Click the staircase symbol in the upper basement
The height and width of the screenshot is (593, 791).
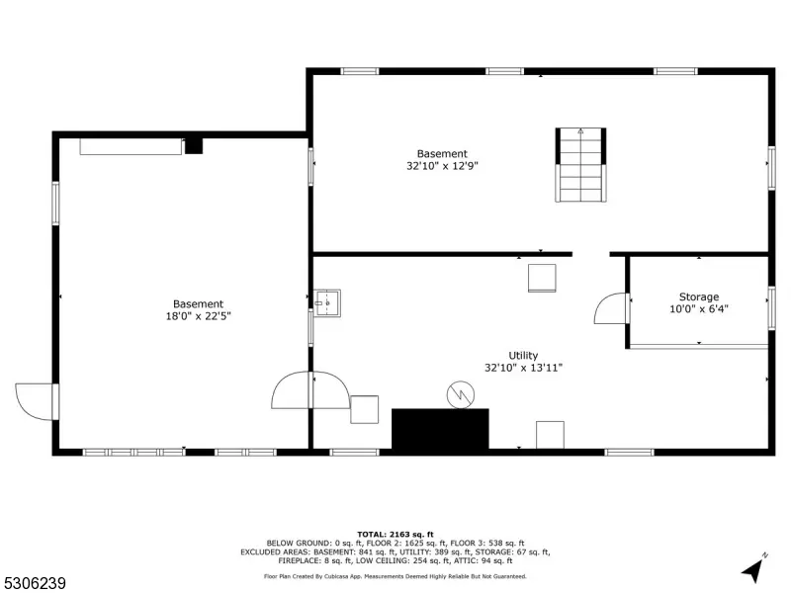pos(580,165)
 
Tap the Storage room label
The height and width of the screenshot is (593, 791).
pos(699,297)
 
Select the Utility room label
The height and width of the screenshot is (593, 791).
pos(523,356)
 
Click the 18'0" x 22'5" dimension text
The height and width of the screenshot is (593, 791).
pos(199,316)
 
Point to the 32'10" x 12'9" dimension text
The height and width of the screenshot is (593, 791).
pos(442,166)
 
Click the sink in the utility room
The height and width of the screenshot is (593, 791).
pos(327,303)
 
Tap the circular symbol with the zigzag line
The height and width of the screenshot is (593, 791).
pos(461,394)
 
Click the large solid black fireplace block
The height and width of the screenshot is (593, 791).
pos(440,429)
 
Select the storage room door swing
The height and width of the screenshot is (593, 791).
pos(611,308)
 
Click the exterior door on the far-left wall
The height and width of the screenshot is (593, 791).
pos(36,402)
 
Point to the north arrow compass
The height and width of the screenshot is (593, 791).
pos(753,568)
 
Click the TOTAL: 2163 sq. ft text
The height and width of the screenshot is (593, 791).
pos(395,535)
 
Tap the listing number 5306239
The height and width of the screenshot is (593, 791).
pos(33,583)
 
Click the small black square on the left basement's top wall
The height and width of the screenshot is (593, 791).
pos(194,145)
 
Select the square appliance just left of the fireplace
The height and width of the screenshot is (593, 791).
pos(364,409)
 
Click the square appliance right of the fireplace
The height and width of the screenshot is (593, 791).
pos(550,435)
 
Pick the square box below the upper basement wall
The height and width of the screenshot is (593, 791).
pos(542,278)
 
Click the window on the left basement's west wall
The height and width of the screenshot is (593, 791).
pos(55,204)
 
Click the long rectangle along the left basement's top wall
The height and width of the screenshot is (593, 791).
pos(131,146)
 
